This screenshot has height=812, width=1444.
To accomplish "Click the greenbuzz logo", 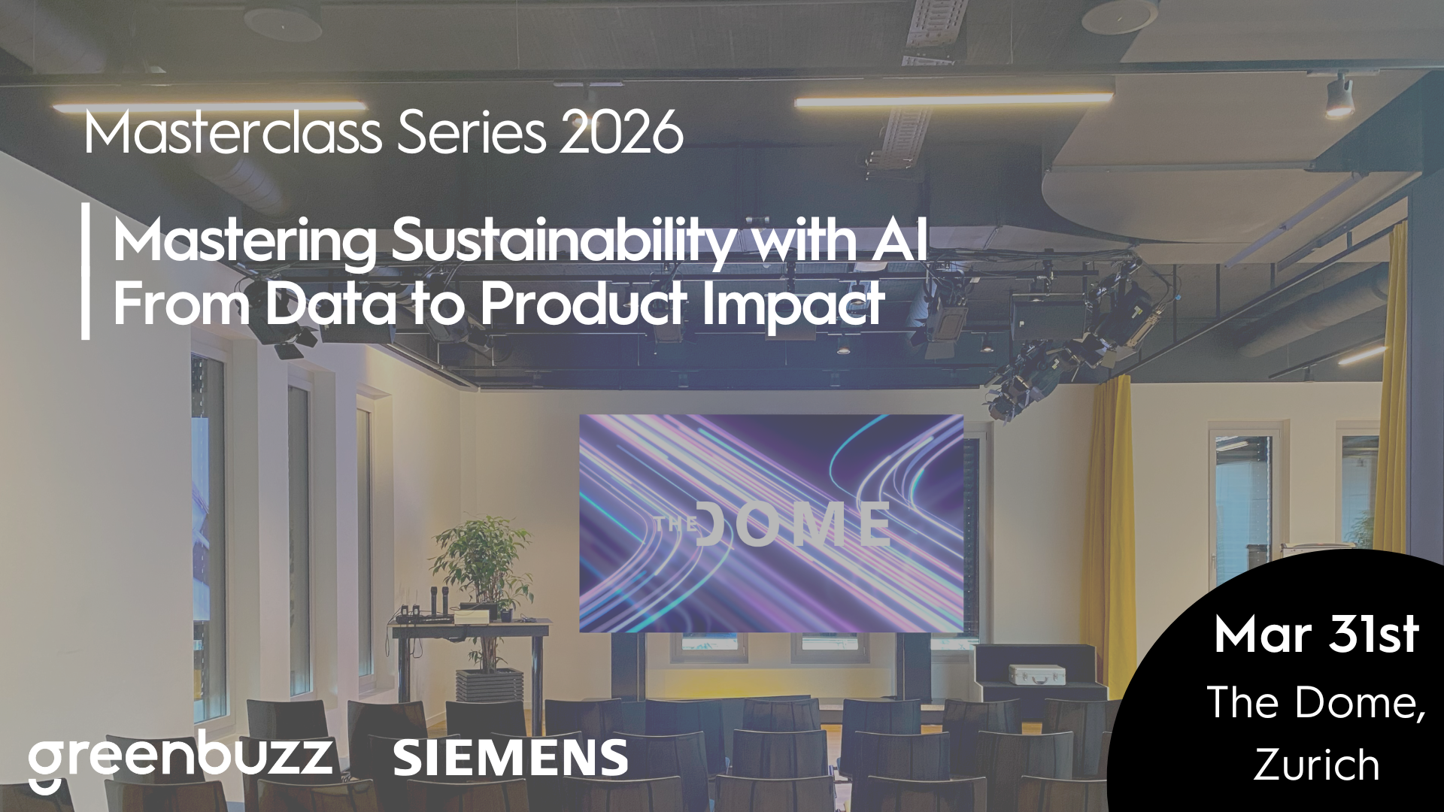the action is [180, 759].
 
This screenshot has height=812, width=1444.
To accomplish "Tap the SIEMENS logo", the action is [510, 758].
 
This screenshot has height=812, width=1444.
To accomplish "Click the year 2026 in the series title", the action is [621, 132].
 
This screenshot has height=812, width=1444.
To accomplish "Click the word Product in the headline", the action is [583, 303].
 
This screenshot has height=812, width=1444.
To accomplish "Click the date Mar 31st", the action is [1316, 634].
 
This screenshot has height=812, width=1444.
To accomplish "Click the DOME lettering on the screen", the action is [793, 524].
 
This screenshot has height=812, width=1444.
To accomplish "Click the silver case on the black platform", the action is [1036, 674].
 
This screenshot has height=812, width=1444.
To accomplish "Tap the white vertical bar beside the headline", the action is [86, 271].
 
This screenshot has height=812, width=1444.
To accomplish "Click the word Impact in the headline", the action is [793, 304].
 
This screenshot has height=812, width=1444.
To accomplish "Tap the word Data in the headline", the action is [330, 303].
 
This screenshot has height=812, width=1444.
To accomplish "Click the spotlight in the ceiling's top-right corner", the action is [1339, 95].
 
